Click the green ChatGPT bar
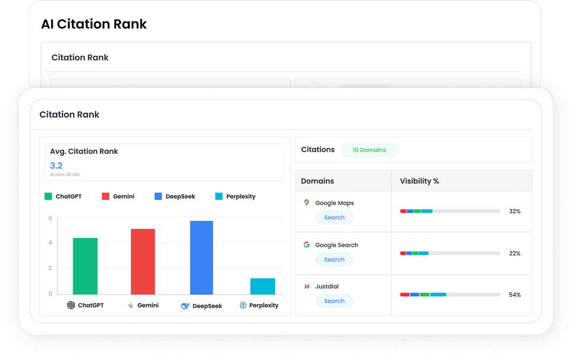pos(85,266)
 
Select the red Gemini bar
pos(143,262)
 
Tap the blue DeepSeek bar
pos(201,257)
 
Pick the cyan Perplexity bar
pos(262,286)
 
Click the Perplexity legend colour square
pos(218,196)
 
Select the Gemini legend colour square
pos(105,196)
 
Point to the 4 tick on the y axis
pos(50,243)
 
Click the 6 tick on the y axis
pos(50,218)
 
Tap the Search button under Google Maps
pos(334,218)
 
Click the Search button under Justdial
pos(334,301)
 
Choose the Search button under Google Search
pos(334,259)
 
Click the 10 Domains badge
pos(369,150)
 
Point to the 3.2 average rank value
pos(56,165)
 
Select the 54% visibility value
pos(515,295)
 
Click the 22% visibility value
pos(515,254)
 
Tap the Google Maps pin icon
pos(307,203)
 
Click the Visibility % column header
pos(420,181)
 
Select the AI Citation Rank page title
pos(94,24)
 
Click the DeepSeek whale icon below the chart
pos(185,306)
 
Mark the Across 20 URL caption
pos(65,175)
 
